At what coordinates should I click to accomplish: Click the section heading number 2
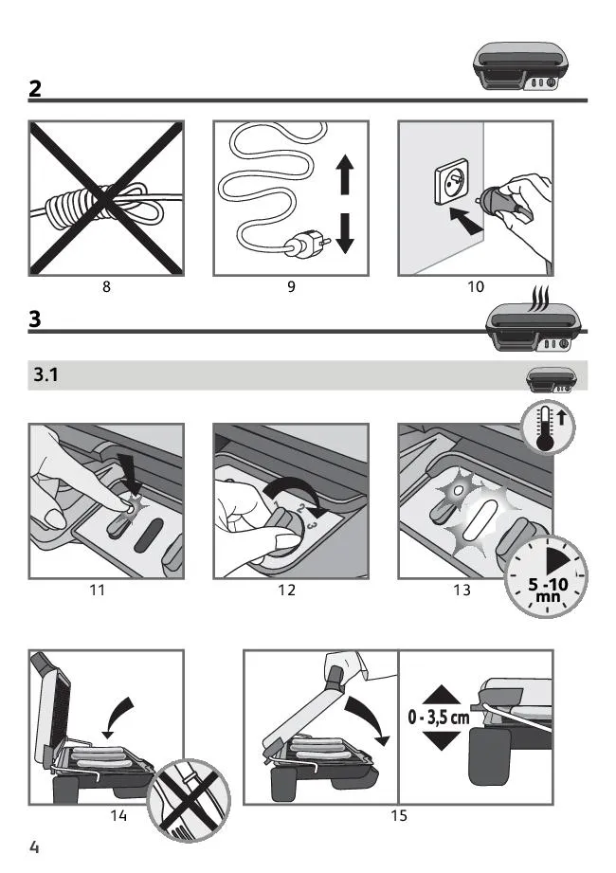(x=34, y=88)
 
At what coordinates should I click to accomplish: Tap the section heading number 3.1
(x=45, y=374)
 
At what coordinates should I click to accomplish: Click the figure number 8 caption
(x=106, y=286)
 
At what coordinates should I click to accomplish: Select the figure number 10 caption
(x=476, y=286)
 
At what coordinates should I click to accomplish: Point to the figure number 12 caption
(x=286, y=590)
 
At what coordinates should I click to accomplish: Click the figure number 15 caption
(x=399, y=816)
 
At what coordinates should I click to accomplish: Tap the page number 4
(x=34, y=847)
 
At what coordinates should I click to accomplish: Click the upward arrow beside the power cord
(x=345, y=174)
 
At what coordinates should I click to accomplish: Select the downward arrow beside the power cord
(x=345, y=233)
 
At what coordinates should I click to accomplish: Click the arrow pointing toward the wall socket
(x=464, y=219)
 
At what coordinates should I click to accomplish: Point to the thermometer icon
(x=547, y=427)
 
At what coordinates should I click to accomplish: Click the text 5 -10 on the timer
(x=548, y=585)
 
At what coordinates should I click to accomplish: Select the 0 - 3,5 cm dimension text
(x=439, y=718)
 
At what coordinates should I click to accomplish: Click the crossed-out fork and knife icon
(x=190, y=799)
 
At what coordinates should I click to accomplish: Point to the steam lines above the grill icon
(x=541, y=299)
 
